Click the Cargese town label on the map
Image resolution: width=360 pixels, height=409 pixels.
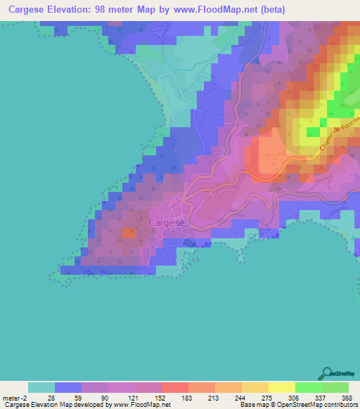pos(167,223)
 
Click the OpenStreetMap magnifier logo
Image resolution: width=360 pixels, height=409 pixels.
pos(327,372)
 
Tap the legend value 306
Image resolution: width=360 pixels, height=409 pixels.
pos(295,397)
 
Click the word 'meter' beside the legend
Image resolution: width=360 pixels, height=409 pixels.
pos(12,397)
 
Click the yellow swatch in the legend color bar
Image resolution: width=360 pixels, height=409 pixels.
pos(281,387)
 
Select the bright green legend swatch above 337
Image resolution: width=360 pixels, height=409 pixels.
pos(308,387)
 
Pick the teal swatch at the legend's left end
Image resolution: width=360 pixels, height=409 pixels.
pos(41,387)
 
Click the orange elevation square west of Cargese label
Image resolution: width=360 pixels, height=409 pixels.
pos(128,233)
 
